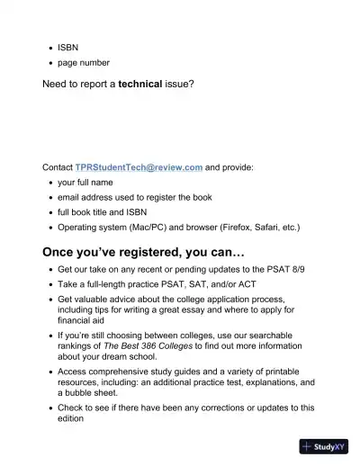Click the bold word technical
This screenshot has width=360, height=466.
click(146, 85)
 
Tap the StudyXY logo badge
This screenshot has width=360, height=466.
click(325, 447)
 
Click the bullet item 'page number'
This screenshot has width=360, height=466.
click(84, 63)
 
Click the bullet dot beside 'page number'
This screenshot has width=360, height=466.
click(49, 63)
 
